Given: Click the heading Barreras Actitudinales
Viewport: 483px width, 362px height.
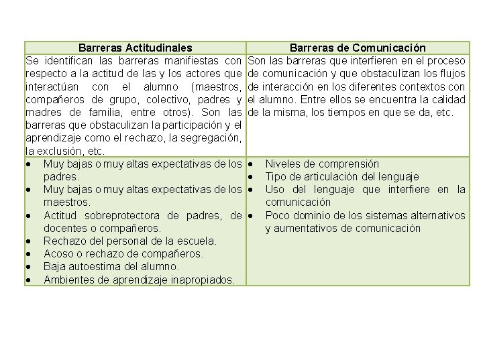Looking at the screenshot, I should pyautogui.click(x=135, y=48).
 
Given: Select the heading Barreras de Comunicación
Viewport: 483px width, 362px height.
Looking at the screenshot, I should pyautogui.click(x=358, y=48).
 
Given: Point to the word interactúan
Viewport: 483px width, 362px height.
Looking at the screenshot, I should pyautogui.click(x=53, y=86).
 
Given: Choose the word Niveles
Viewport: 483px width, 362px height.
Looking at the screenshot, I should pyautogui.click(x=283, y=164).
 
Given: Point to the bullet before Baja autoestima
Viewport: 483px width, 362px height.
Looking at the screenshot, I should pyautogui.click(x=28, y=267).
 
